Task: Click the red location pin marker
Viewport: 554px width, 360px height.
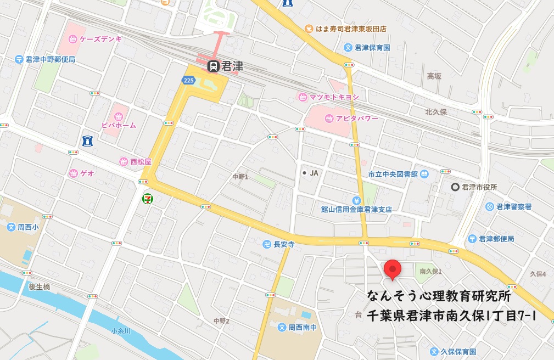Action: pos(393,268)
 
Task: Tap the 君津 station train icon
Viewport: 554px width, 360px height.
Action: pos(213,66)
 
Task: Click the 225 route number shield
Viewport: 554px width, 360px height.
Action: pos(188,80)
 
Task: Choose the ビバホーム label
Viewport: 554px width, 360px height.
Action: pos(118,125)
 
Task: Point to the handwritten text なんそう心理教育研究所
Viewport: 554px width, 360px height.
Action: pos(439,296)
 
